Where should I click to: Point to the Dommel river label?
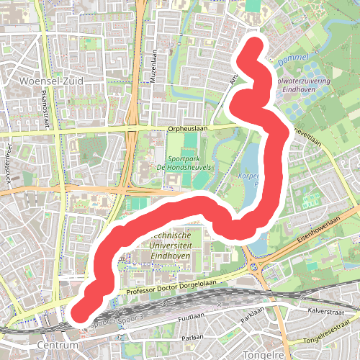[297, 58]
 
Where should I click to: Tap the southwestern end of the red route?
[77, 313]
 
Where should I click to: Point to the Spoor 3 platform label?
[134, 318]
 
